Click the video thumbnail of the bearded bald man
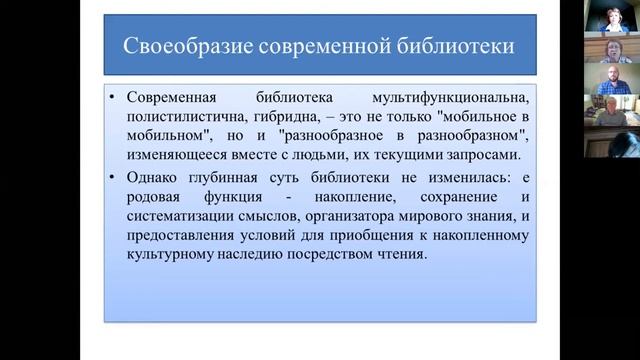(612, 81)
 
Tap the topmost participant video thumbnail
(612, 17)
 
